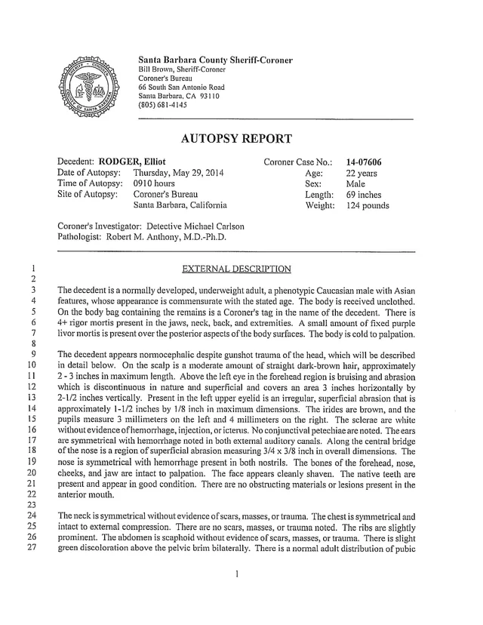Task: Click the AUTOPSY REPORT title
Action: [x=236, y=139]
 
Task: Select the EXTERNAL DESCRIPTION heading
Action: [x=235, y=268]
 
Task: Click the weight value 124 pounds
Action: [x=368, y=205]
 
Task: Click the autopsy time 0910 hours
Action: [x=154, y=183]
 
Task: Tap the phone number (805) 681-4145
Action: [x=162, y=104]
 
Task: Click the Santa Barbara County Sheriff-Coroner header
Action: [x=215, y=60]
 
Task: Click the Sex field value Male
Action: [x=355, y=183]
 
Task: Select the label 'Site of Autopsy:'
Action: [x=88, y=194]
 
